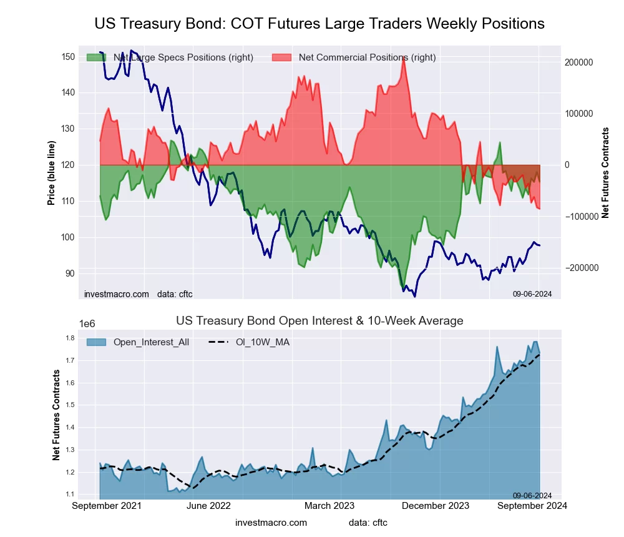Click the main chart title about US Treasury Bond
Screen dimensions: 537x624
tap(319, 24)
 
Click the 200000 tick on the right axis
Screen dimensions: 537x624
tap(578, 62)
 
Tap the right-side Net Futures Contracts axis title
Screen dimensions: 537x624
tap(605, 172)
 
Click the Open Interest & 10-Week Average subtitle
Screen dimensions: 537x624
tap(319, 321)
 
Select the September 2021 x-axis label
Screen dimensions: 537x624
tap(107, 506)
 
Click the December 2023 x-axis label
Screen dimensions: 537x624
tap(441, 506)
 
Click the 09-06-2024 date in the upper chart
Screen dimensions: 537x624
tap(532, 294)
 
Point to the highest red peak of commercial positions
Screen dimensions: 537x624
tap(404, 57)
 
